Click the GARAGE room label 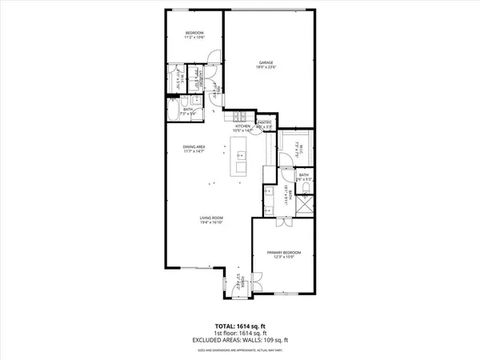[267, 62]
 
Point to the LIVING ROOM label [211, 218]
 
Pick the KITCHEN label [242, 126]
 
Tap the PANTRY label [265, 122]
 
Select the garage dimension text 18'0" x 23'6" [267, 68]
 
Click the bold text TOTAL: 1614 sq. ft [239, 326]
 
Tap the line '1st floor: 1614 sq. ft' [239, 334]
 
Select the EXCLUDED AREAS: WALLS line [239, 341]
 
